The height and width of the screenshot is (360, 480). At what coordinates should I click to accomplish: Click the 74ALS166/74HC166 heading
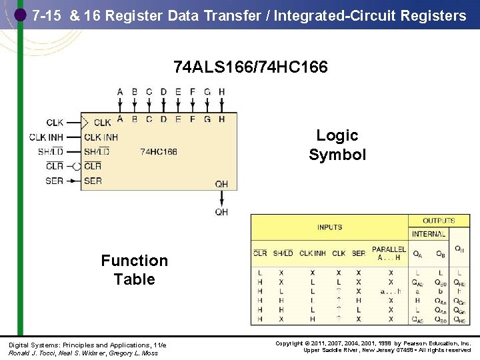tap(250, 67)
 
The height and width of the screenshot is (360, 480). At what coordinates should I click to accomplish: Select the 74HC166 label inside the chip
tap(159, 152)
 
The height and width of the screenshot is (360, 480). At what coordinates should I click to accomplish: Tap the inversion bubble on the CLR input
tap(77, 166)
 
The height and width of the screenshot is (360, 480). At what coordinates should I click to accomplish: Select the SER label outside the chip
tap(55, 181)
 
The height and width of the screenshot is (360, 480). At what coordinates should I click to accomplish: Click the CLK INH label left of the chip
tap(46, 137)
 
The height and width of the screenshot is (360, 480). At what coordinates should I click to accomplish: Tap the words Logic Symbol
tap(337, 145)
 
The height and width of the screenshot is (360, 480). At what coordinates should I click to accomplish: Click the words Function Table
tap(134, 269)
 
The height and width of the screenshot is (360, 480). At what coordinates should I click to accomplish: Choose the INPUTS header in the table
tap(329, 227)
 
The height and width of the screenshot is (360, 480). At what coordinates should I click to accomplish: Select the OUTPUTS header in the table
tap(438, 221)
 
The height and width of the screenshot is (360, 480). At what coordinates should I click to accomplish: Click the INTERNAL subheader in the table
tap(429, 234)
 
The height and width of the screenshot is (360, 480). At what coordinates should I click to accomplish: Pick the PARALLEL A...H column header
tap(389, 253)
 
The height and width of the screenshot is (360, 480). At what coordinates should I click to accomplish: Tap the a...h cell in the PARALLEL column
tap(390, 291)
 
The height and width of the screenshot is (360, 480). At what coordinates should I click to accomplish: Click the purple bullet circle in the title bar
tap(21, 14)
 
